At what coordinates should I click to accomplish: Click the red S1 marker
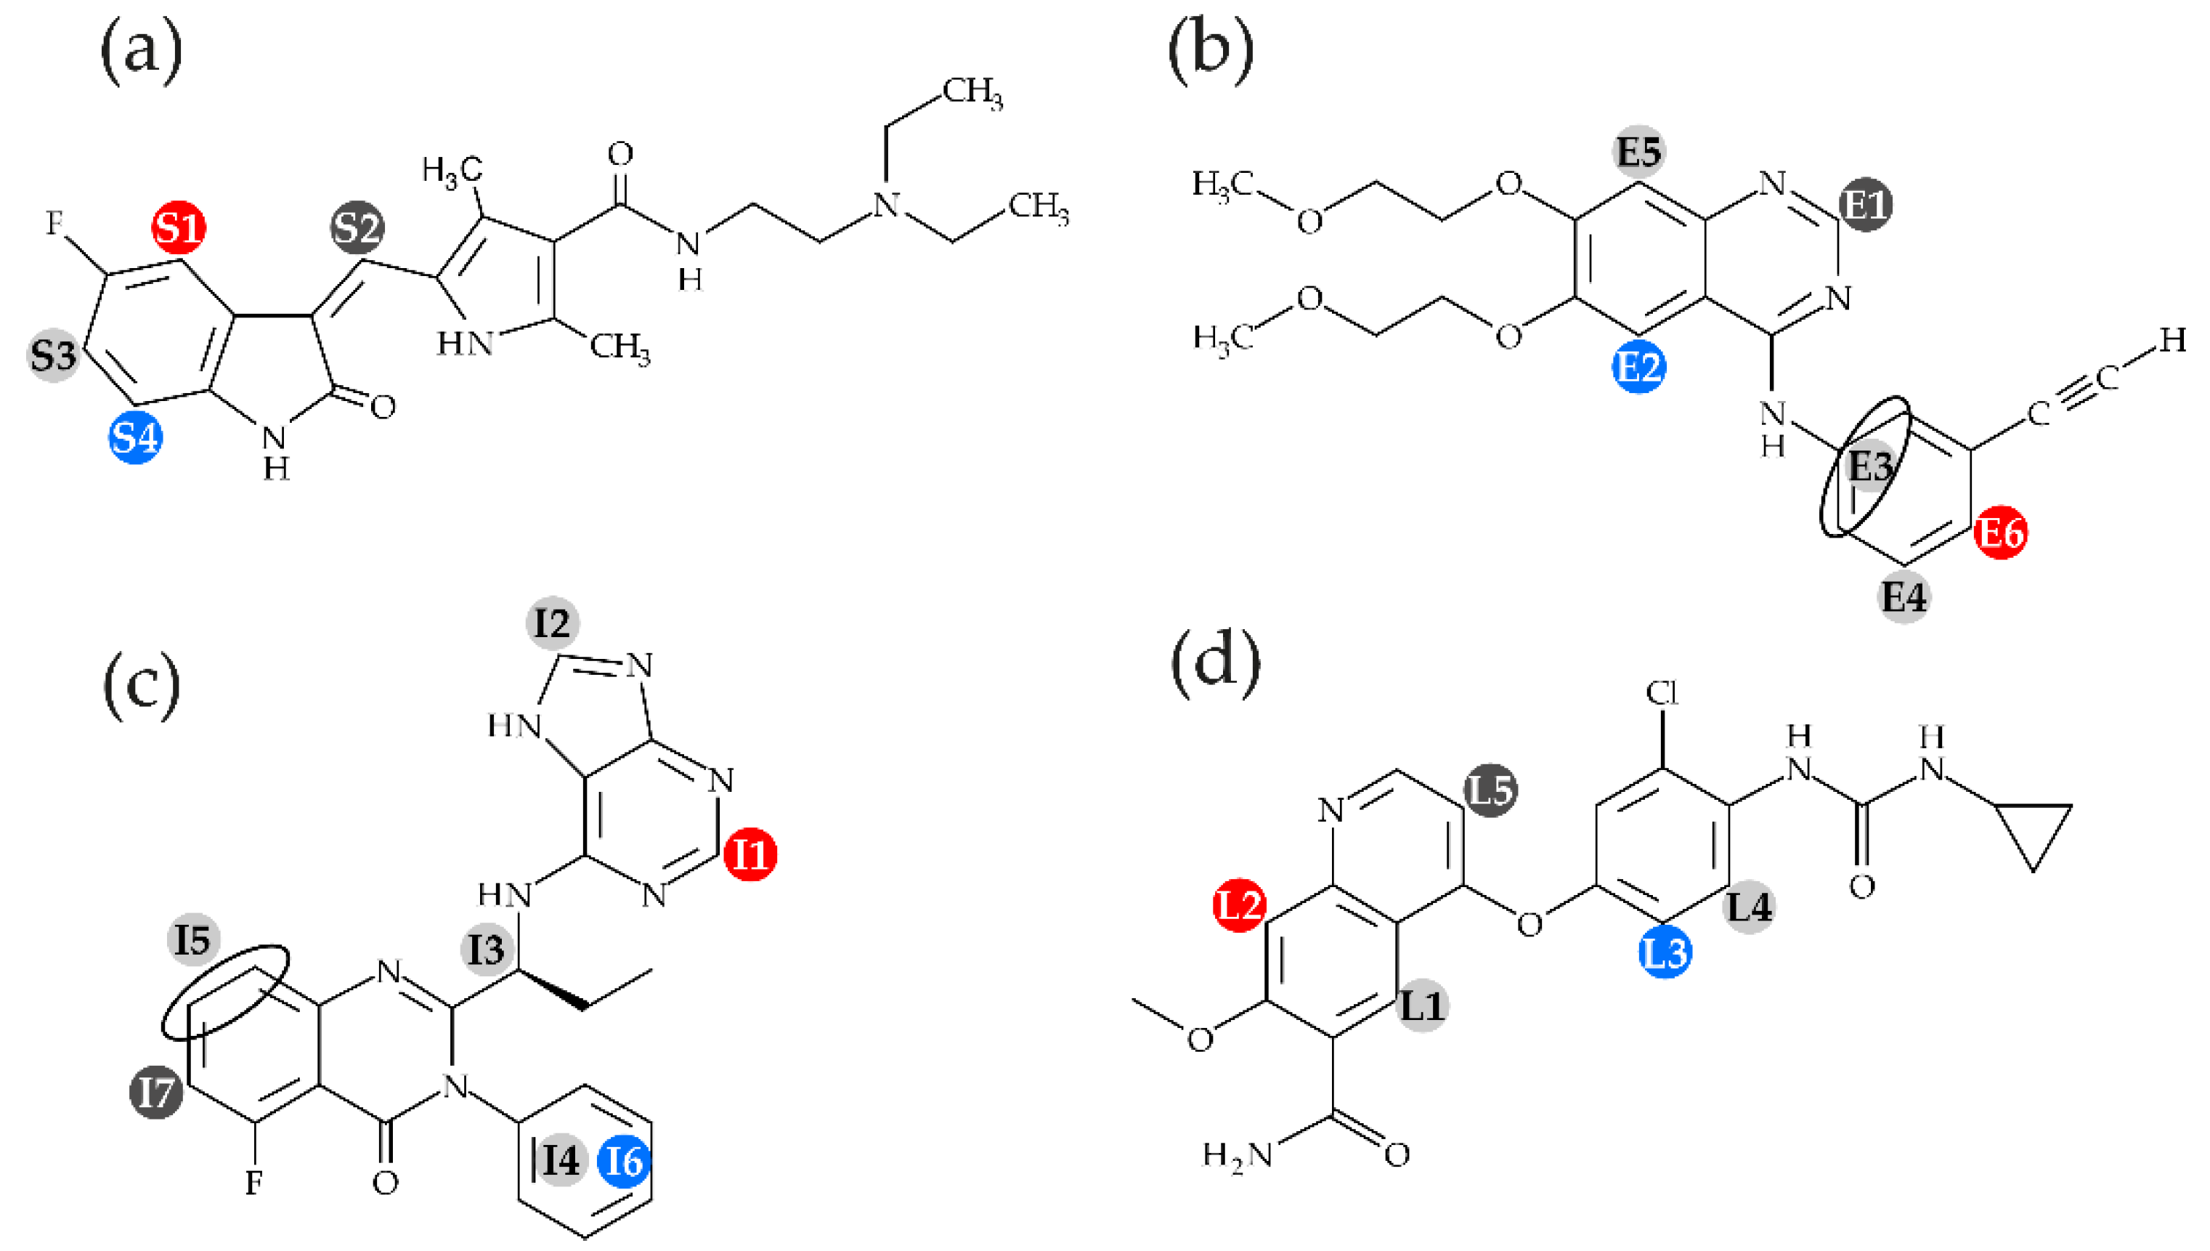[x=179, y=227]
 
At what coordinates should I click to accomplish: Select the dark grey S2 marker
[x=357, y=227]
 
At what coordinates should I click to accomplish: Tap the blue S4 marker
[x=136, y=437]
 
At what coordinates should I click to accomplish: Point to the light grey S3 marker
[x=53, y=355]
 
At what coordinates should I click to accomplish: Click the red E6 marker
[x=2000, y=533]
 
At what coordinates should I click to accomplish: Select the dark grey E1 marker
[x=1866, y=204]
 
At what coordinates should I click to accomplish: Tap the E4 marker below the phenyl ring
[x=1904, y=596]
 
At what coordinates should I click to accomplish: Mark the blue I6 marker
[x=625, y=1162]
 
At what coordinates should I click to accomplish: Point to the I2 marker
[x=552, y=623]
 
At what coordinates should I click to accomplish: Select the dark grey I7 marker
[x=156, y=1093]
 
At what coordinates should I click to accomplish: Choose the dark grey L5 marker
[x=1491, y=790]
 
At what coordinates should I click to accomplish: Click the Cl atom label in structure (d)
[x=1662, y=692]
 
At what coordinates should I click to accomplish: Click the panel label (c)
[x=142, y=683]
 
